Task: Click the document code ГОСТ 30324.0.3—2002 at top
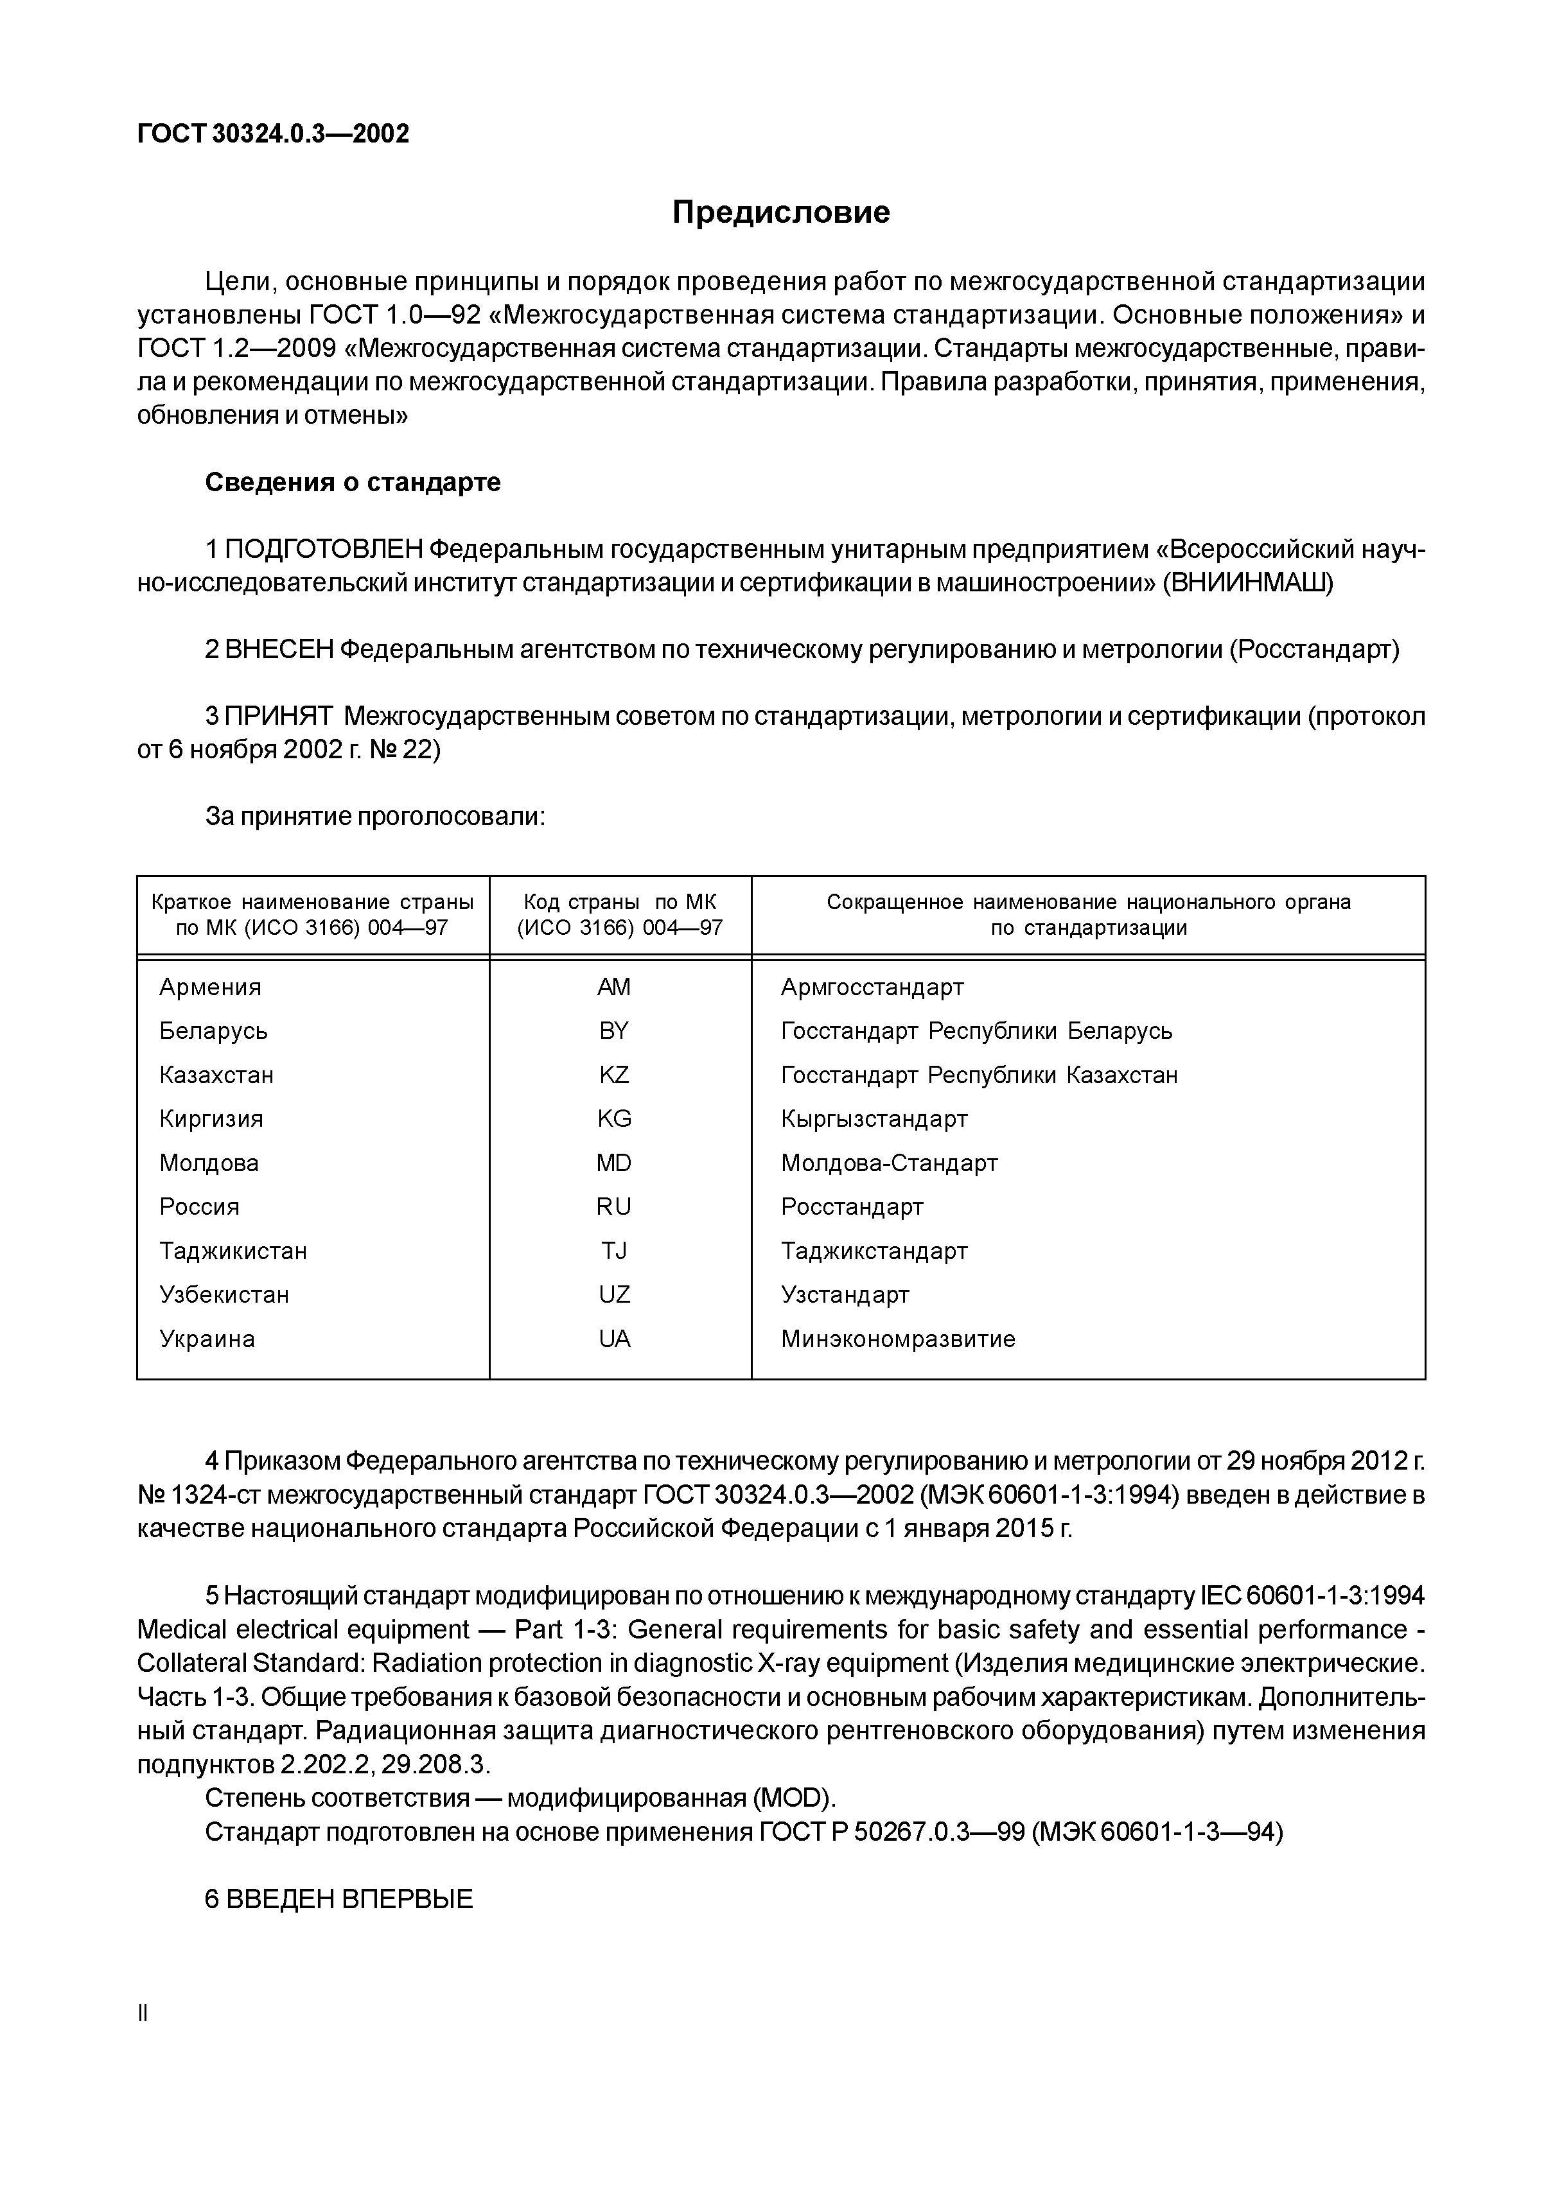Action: click(x=273, y=134)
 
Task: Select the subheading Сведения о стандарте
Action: click(x=353, y=482)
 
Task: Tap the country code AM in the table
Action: click(x=613, y=986)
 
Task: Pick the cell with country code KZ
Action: click(x=613, y=1075)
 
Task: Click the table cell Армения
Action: click(x=210, y=986)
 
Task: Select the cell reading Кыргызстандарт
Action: click(x=874, y=1118)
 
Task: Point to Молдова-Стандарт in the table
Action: click(x=889, y=1163)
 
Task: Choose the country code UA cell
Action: click(x=614, y=1339)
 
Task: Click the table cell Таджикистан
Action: click(x=233, y=1251)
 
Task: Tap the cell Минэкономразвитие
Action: click(x=898, y=1339)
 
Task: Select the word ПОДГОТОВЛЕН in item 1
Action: click(x=324, y=550)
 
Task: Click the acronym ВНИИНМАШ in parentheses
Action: click(x=1247, y=583)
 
